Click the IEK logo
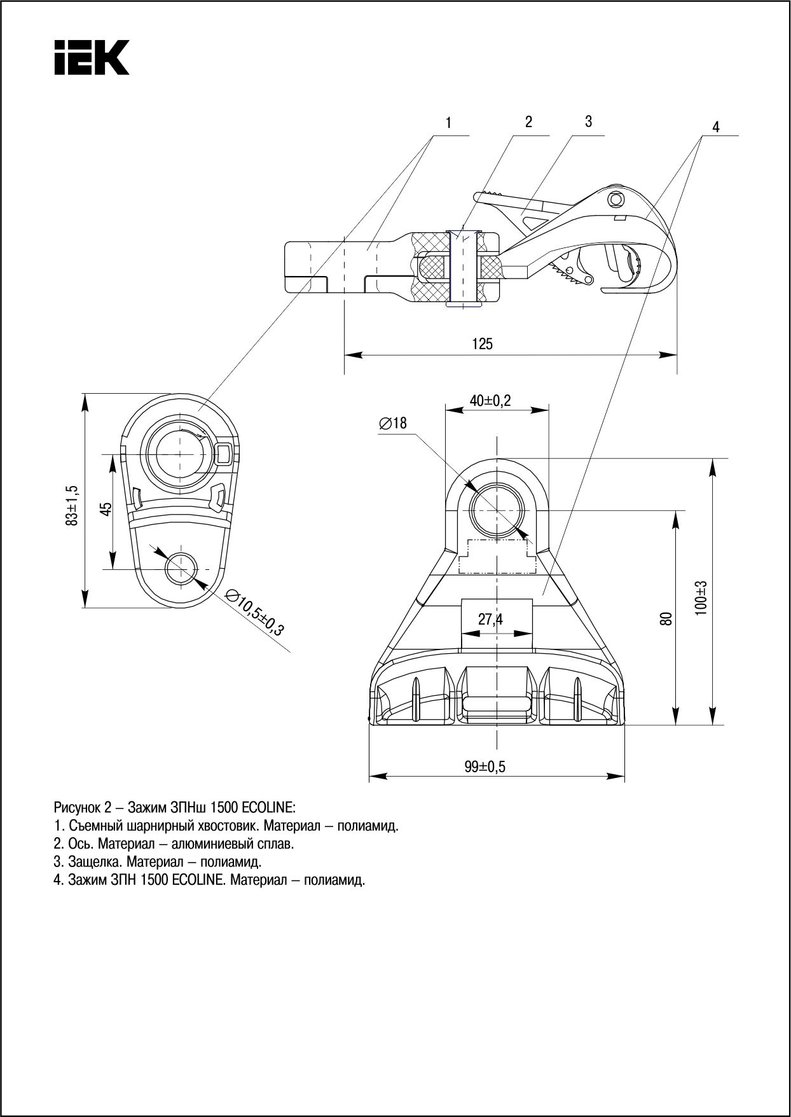tap(92, 57)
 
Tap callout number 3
tap(588, 121)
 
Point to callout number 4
tap(715, 127)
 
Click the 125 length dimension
tap(482, 344)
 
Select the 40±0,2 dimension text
tap(490, 401)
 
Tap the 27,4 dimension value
tap(490, 619)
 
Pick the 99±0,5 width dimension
tap(484, 767)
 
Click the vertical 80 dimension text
tap(666, 619)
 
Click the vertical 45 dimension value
tap(106, 509)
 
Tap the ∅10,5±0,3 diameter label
tap(254, 612)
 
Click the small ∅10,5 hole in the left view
tap(181, 569)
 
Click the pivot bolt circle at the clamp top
tap(614, 198)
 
